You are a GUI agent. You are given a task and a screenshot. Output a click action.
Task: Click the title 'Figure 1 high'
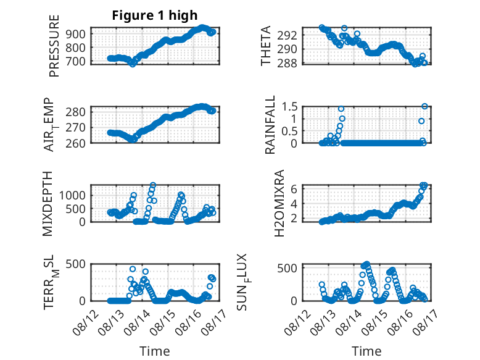(155, 15)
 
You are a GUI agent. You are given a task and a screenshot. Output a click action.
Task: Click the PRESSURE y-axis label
(54, 46)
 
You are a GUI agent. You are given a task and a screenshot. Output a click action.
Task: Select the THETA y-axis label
(266, 46)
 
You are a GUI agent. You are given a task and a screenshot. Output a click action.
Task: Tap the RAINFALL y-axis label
(270, 125)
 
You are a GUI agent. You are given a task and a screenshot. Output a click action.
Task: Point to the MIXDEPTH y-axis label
(48, 204)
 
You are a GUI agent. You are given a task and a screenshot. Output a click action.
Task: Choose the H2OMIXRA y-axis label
(279, 203)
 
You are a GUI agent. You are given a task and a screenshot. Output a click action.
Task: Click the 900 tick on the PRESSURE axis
(76, 34)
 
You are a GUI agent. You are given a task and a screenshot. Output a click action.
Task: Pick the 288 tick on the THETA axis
(287, 63)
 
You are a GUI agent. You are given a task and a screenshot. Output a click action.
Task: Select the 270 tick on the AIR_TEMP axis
(76, 127)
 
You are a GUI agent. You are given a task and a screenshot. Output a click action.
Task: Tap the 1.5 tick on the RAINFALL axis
(289, 107)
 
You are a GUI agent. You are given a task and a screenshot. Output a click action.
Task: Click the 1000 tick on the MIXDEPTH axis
(72, 195)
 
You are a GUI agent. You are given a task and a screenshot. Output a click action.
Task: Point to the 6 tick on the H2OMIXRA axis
(294, 189)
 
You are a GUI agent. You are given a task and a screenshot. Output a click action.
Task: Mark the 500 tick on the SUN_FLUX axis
(287, 269)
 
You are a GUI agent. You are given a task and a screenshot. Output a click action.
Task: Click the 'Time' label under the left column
(155, 351)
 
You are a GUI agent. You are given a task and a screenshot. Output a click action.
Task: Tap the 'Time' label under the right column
(366, 351)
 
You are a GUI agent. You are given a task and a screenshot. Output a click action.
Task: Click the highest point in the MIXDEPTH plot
(153, 185)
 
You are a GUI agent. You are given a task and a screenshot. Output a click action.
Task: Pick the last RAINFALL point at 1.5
(424, 106)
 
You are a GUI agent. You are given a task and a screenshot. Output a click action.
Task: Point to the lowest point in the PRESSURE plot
(133, 64)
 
